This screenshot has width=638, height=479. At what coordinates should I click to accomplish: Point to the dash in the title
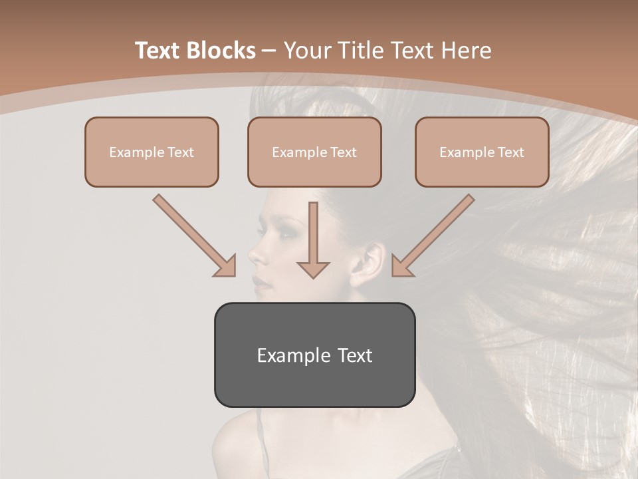[269, 51]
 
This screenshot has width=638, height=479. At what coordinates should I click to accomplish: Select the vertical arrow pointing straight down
[313, 239]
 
